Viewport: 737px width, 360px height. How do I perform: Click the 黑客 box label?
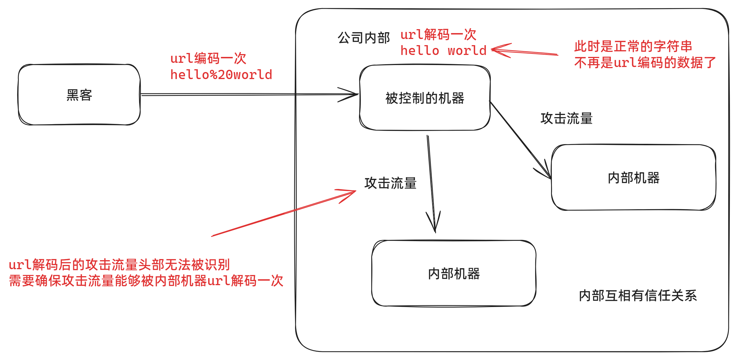pos(79,95)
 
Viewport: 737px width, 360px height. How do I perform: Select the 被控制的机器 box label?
pos(425,98)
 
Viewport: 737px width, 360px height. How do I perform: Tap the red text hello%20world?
pos(221,75)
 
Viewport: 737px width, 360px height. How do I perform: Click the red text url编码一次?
pos(208,59)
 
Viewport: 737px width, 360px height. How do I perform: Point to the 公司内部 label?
pos(363,38)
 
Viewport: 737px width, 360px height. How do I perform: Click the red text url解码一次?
pos(438,34)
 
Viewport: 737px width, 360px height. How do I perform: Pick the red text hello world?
pos(443,51)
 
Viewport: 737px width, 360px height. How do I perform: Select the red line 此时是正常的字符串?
pos(633,46)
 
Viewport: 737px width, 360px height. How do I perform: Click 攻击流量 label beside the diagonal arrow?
pos(566,118)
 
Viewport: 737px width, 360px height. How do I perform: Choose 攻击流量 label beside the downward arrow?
pos(390,183)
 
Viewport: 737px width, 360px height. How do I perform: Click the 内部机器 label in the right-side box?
pos(634,177)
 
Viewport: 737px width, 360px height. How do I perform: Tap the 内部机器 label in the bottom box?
pos(454,273)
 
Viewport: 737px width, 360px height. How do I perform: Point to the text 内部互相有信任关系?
pos(638,296)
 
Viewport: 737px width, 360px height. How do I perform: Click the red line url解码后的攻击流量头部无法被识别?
pos(119,264)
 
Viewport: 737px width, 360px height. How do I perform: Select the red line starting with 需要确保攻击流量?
pos(146,281)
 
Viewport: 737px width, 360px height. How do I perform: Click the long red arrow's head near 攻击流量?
pos(353,191)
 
